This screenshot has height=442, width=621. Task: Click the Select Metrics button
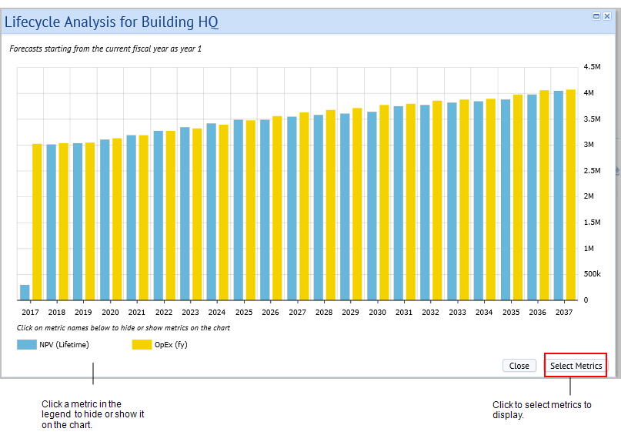click(x=576, y=366)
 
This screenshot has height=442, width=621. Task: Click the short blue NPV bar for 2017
click(x=25, y=293)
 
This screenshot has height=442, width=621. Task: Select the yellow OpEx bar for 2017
click(x=37, y=222)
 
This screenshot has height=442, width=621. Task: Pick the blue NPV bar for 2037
click(x=559, y=196)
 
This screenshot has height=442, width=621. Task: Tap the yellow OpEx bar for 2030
click(x=384, y=203)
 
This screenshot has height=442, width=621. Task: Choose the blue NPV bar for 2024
click(x=212, y=212)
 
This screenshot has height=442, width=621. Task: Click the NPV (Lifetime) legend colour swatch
click(x=26, y=344)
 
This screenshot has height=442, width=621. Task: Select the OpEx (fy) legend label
click(x=171, y=344)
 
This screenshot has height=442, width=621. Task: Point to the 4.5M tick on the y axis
click(x=592, y=66)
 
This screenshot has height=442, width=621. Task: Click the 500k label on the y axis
click(x=592, y=274)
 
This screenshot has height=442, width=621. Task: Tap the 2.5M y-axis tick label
click(x=592, y=170)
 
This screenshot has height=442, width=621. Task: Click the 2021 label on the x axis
click(x=137, y=313)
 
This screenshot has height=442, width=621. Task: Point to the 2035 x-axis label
click(x=511, y=313)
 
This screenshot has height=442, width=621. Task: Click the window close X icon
click(x=607, y=16)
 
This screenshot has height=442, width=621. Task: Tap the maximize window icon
click(x=596, y=16)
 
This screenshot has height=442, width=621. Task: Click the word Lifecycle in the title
click(x=33, y=22)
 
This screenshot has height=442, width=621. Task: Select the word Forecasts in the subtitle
click(x=25, y=49)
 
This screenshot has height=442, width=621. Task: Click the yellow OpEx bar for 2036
click(x=544, y=196)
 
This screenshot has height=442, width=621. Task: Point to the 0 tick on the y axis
click(x=586, y=300)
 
